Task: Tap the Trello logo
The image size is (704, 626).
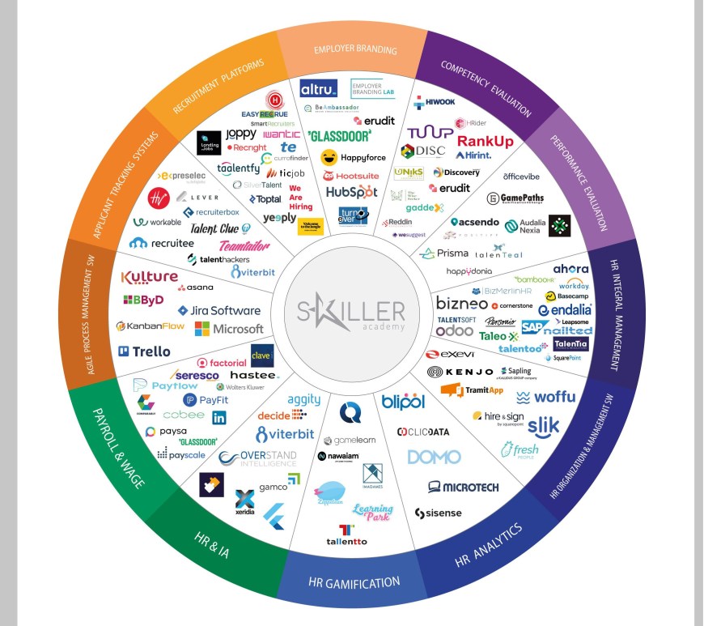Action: point(144,351)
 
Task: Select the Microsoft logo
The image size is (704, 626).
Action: point(229,329)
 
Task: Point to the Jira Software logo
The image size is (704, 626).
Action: point(219,310)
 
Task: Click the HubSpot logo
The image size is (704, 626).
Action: point(351,192)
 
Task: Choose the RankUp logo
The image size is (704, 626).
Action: point(485,142)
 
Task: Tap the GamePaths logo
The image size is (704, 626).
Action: point(515,198)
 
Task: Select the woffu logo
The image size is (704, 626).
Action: point(545,397)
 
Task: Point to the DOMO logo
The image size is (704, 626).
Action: point(434,457)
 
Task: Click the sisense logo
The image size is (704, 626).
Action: point(438,513)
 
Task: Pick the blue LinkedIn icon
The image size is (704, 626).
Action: point(219,418)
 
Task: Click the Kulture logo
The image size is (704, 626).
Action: point(149,278)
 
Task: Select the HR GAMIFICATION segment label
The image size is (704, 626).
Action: point(354,582)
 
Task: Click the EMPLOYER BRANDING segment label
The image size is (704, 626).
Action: point(355,49)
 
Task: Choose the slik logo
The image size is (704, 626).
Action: point(543,424)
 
